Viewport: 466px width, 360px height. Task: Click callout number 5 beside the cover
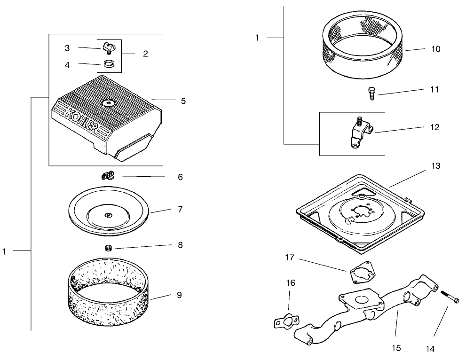pyautogui.click(x=183, y=101)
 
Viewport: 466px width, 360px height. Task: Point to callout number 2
pyautogui.click(x=145, y=54)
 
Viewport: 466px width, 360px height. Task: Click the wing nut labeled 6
pyautogui.click(x=108, y=176)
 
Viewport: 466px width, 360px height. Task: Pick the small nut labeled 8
pyautogui.click(x=107, y=248)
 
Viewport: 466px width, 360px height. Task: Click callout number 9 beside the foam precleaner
pyautogui.click(x=179, y=295)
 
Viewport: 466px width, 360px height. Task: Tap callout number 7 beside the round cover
pyautogui.click(x=180, y=209)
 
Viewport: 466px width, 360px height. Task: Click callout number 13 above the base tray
pyautogui.click(x=435, y=166)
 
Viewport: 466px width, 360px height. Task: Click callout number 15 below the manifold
pyautogui.click(x=396, y=348)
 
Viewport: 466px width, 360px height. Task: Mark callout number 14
pyautogui.click(x=431, y=348)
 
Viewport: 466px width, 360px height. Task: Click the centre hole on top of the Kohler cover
pyautogui.click(x=108, y=102)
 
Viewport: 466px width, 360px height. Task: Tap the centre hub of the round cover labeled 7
pyautogui.click(x=108, y=215)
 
